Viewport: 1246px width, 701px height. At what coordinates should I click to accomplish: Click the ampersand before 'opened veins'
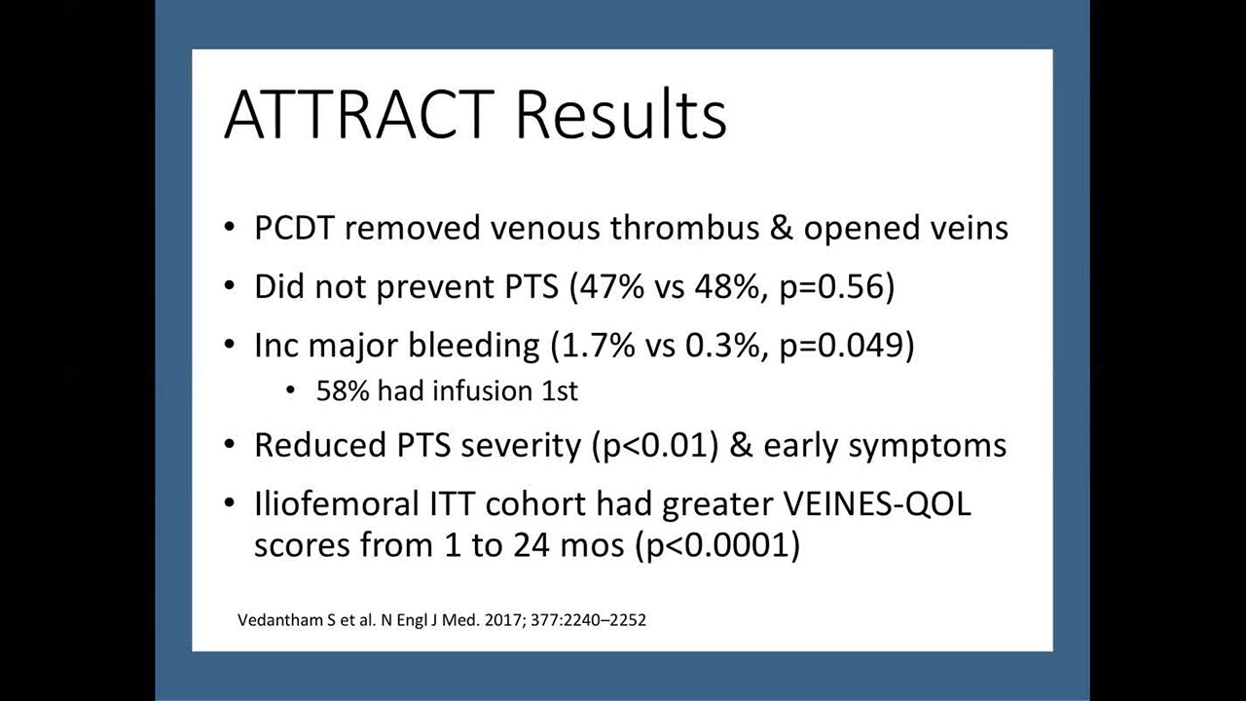click(x=782, y=228)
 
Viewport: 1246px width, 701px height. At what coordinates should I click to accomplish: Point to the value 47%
click(x=612, y=287)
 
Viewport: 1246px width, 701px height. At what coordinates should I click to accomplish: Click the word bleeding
click(x=473, y=346)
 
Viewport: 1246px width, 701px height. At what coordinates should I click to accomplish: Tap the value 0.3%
click(x=722, y=346)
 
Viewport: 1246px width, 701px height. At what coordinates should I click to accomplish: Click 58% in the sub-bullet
click(x=343, y=390)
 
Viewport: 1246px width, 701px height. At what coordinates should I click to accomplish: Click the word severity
click(x=521, y=446)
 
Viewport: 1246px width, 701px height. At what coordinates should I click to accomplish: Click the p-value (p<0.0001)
click(x=717, y=545)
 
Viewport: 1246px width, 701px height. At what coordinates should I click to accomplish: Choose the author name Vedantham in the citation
click(x=281, y=620)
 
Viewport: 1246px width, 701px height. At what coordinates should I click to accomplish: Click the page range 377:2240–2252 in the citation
click(x=589, y=620)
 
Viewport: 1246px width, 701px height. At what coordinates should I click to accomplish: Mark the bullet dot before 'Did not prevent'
click(x=230, y=286)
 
